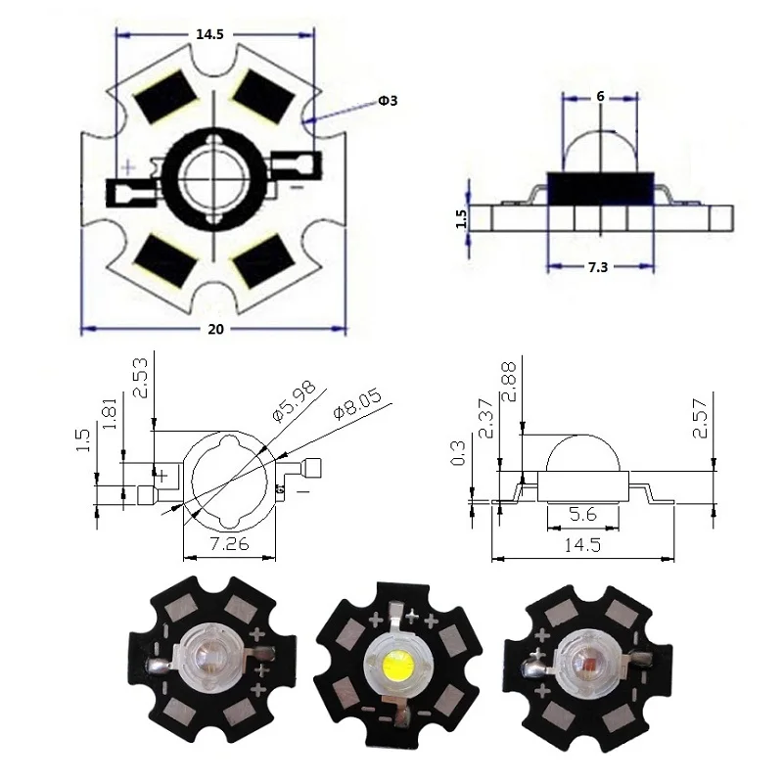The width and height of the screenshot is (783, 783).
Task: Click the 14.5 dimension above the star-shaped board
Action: [x=209, y=33]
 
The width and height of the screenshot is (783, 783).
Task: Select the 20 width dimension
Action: [x=215, y=329]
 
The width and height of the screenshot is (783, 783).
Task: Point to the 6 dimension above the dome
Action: [x=599, y=96]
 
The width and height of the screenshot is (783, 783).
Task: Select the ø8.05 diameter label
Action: [x=355, y=404]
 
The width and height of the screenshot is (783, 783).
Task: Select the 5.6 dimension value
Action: [x=584, y=512]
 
